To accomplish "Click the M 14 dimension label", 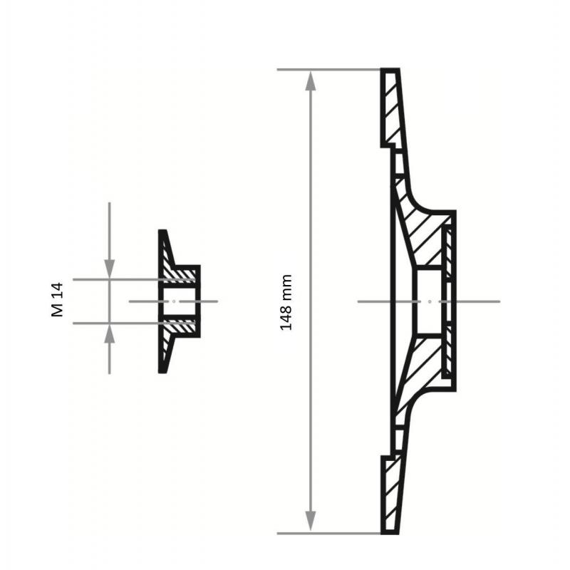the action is pos(58,299).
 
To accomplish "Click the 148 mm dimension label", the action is pos(286,302).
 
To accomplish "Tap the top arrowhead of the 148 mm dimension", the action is pos(310,81).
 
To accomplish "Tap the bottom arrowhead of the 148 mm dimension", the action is pos(310,521).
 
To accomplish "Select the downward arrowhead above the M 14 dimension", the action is pos(110,269).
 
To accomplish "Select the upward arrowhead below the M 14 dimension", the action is pos(110,333).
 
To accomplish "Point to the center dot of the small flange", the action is pos(174,301).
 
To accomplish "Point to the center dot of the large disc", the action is pos(430,301).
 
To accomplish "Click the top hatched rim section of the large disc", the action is pos(391,108).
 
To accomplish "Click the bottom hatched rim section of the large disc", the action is pos(391,494).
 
